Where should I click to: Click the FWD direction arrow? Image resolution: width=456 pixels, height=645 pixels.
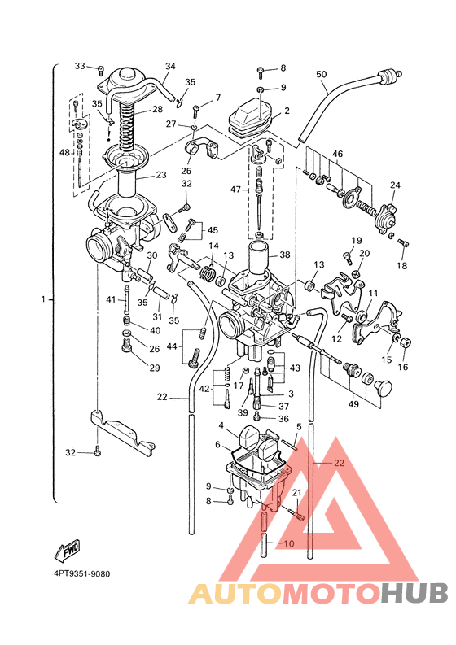tap(67, 551)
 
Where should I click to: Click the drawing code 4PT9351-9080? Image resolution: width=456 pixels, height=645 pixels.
tap(82, 573)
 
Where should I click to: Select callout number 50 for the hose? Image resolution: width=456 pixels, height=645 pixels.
tap(322, 75)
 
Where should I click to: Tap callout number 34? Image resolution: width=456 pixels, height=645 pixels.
tap(170, 66)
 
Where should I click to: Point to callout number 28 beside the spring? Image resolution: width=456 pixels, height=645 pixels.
tap(157, 109)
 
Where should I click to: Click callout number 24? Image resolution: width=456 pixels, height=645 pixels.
tap(395, 185)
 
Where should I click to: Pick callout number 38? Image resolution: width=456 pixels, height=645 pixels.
tap(285, 255)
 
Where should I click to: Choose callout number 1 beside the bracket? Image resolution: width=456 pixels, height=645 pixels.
tap(43, 299)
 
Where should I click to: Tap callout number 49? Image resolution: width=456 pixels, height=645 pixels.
tap(353, 404)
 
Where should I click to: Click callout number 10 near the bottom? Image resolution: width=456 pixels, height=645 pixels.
tap(289, 543)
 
